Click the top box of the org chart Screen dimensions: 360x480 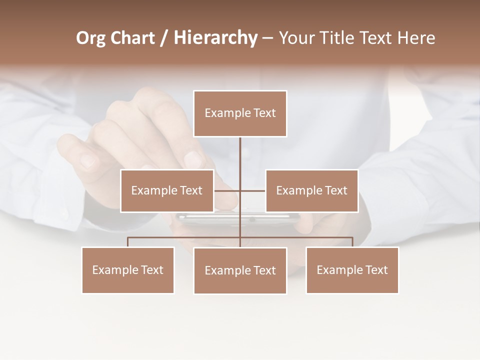click(240, 113)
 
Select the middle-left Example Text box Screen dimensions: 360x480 click(167, 190)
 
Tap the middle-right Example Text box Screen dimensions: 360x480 click(311, 190)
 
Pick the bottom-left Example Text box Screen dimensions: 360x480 click(128, 270)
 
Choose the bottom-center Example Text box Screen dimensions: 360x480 click(240, 270)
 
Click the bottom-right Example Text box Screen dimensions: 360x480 click(352, 270)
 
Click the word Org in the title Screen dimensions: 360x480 click(90, 38)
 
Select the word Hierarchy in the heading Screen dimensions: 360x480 click(215, 38)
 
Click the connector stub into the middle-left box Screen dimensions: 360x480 click(226, 190)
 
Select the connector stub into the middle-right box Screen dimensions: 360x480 click(253, 190)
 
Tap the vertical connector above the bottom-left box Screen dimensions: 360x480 click(128, 242)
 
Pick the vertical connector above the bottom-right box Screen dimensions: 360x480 click(352, 242)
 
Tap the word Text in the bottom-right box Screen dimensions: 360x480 click(376, 270)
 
